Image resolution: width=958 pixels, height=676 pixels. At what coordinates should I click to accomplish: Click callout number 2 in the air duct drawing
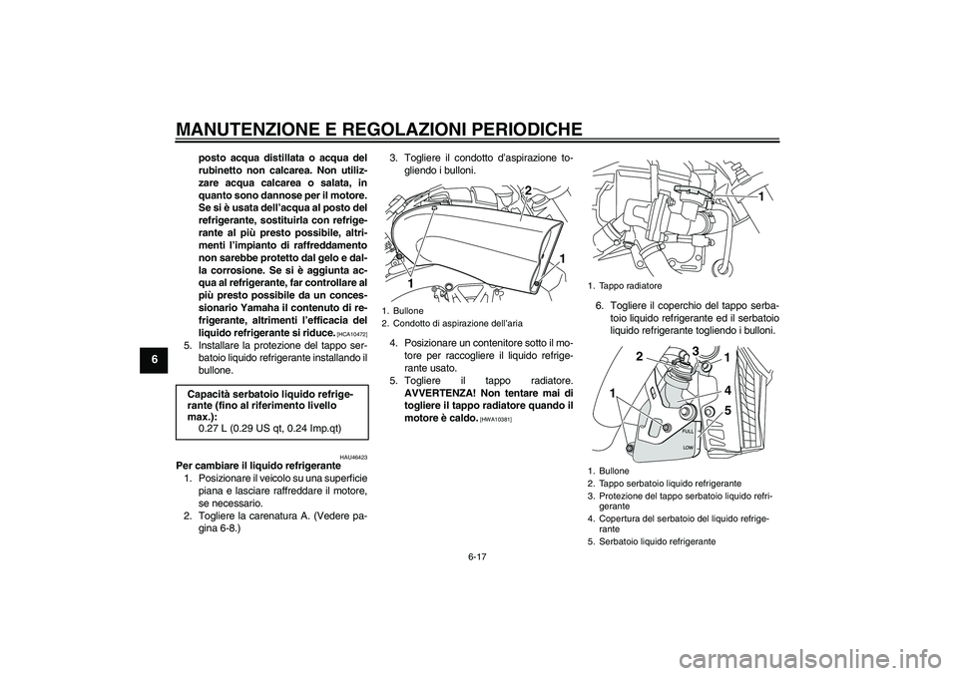pos(528,190)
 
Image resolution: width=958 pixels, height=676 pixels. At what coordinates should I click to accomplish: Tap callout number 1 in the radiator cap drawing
pos(760,198)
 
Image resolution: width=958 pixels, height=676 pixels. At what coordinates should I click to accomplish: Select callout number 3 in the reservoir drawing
pos(695,348)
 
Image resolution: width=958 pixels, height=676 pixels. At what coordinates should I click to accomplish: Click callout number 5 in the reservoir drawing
pos(727,410)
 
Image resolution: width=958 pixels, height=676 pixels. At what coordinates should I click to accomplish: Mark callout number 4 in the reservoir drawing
pos(727,390)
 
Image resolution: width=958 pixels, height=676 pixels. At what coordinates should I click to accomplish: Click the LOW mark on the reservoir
pos(689,450)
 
